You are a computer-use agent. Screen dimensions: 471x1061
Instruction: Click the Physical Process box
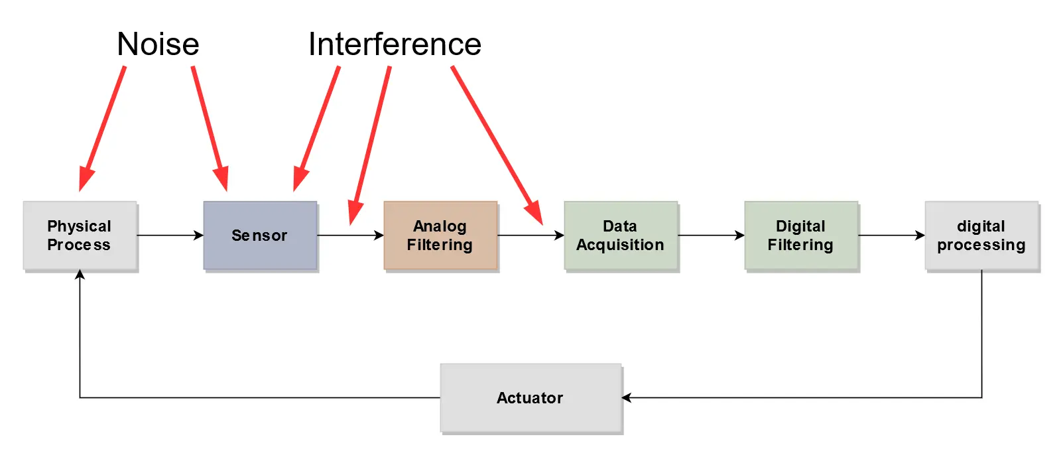[80, 235]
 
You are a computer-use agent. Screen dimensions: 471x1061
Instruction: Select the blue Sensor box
[260, 235]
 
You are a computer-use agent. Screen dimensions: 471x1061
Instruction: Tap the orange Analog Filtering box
[440, 235]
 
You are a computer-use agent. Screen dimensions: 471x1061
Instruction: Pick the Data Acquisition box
[621, 235]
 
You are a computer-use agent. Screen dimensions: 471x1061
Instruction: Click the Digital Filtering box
[801, 235]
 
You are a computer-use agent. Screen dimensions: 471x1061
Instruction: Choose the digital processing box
[981, 235]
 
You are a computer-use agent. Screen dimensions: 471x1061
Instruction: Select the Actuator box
[530, 398]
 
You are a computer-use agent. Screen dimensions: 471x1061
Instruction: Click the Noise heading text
[158, 44]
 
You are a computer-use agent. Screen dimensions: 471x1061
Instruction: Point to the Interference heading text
[395, 44]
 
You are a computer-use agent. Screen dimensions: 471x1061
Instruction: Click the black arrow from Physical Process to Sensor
[170, 235]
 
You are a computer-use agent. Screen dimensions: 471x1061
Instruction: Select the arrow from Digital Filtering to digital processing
[891, 235]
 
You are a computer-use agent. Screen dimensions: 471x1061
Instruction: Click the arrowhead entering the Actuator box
[627, 398]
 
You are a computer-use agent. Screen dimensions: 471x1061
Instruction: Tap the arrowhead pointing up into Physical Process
[80, 275]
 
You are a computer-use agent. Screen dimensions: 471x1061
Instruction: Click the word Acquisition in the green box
[621, 245]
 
